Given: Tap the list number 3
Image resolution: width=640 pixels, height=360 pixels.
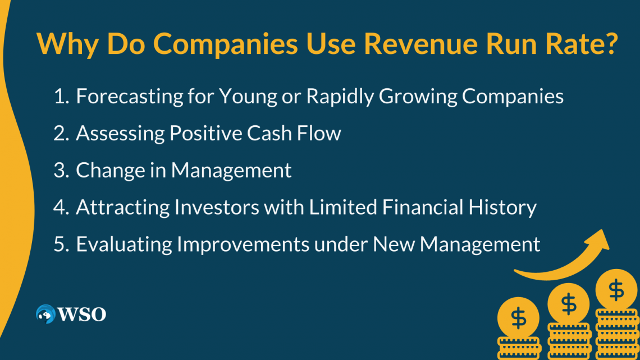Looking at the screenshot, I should [x=61, y=170].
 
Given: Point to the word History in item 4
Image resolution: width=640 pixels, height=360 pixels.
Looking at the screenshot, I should [x=500, y=207].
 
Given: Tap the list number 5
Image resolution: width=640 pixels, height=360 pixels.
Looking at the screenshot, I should [x=61, y=244].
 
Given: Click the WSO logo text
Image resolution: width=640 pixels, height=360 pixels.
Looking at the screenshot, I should [x=81, y=315].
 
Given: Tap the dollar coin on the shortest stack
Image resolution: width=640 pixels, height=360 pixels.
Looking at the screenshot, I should [x=519, y=319].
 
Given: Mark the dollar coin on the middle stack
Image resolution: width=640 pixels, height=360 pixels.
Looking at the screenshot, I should [x=568, y=304].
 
